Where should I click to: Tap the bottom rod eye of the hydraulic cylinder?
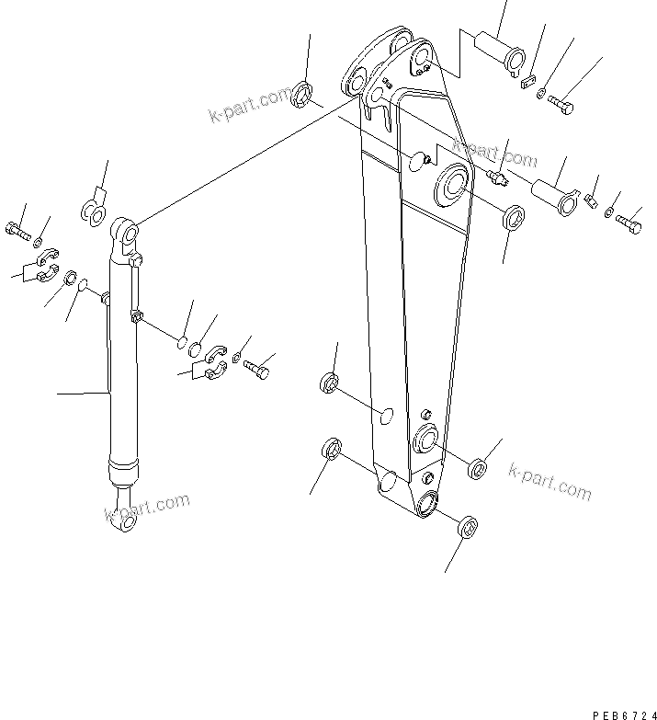point(125,522)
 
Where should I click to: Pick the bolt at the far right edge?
point(630,222)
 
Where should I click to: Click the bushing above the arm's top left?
point(302,94)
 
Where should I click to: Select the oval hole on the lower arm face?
point(387,419)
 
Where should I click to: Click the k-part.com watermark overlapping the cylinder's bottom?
point(147,508)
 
